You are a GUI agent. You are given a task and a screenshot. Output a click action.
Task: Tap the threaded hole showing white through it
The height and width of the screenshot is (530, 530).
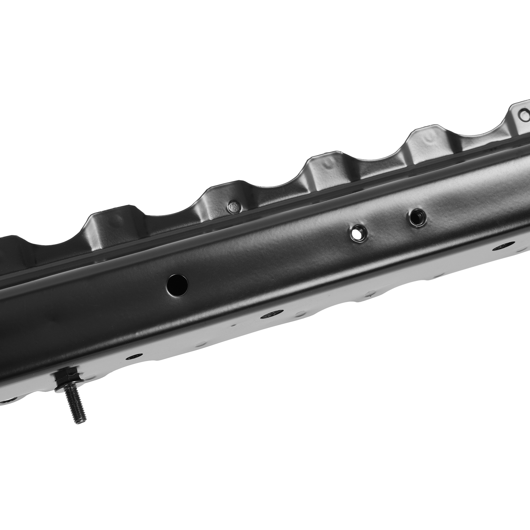pyautogui.click(x=357, y=233)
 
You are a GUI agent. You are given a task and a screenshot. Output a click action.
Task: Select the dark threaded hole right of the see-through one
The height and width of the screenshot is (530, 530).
pyautogui.click(x=415, y=217)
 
